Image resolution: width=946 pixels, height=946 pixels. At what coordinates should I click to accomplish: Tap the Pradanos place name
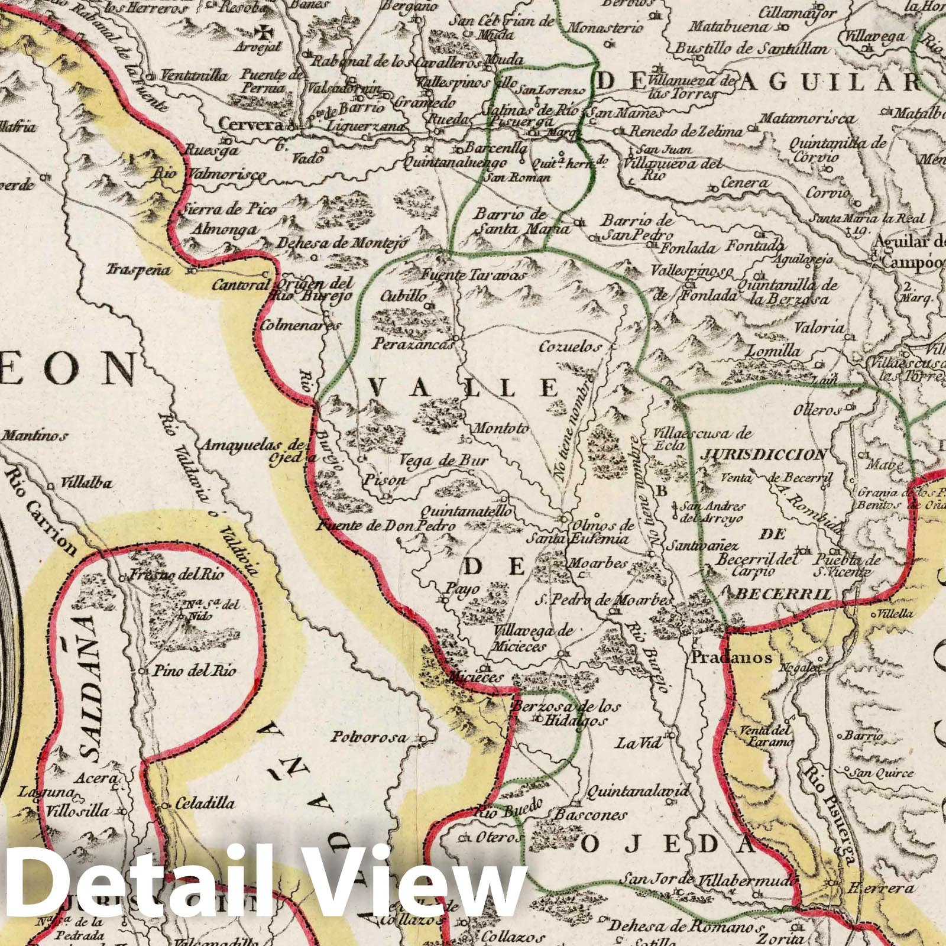coord(731,657)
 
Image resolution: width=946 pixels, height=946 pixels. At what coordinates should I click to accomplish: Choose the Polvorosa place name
coord(369,737)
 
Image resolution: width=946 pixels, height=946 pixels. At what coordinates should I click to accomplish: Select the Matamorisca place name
coord(806,119)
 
